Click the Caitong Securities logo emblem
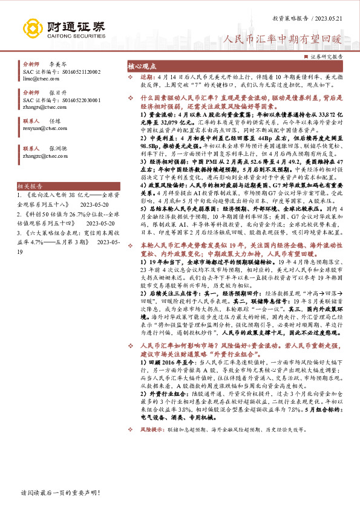coord(31,28)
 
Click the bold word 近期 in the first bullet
coord(147,78)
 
